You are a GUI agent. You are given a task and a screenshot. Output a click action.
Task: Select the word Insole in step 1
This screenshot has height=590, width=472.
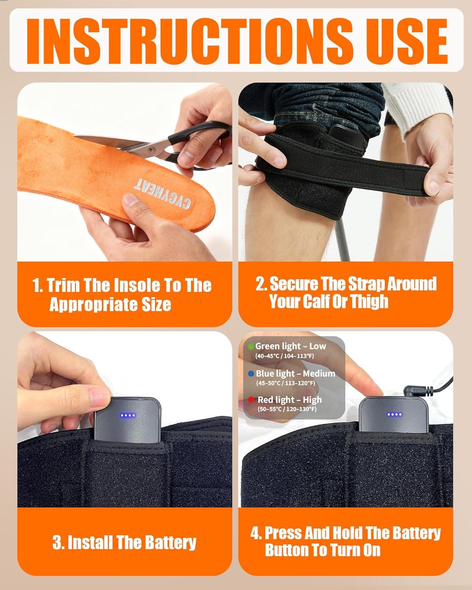click(136, 285)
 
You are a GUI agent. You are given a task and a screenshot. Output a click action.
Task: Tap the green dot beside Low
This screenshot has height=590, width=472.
click(251, 346)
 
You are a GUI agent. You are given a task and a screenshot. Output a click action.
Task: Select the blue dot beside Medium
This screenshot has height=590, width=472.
click(251, 373)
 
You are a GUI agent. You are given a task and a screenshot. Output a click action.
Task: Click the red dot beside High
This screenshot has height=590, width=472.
click(251, 400)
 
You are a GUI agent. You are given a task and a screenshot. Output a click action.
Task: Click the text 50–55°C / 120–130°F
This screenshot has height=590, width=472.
click(287, 409)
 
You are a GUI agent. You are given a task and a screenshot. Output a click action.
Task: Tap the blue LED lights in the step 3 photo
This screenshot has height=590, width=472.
click(128, 416)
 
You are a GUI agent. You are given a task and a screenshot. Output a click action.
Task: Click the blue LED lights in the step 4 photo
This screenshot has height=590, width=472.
click(394, 415)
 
